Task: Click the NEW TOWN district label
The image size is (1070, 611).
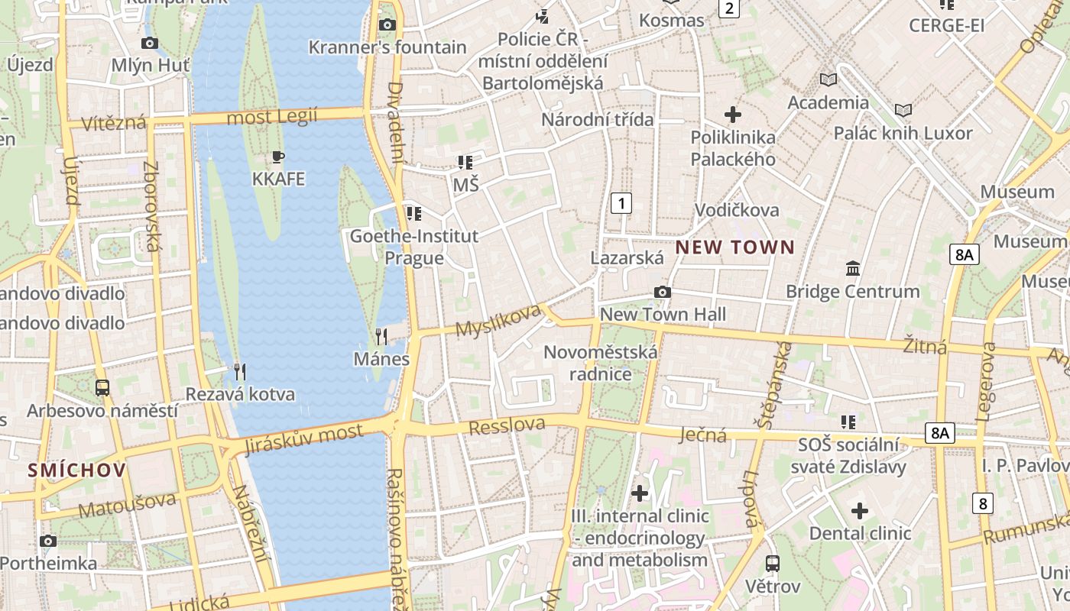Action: point(734,247)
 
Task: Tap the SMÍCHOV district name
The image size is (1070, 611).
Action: point(76,470)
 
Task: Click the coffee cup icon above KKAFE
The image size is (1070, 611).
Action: point(278,157)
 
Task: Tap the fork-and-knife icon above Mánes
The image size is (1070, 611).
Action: point(381,336)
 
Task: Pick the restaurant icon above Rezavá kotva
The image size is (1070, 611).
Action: point(240,372)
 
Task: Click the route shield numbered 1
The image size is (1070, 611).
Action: point(622,203)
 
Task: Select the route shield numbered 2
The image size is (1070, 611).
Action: point(729,8)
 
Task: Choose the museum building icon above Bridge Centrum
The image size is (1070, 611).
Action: point(853,269)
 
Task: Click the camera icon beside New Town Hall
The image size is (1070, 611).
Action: point(663,292)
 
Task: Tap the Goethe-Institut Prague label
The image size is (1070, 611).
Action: point(413,247)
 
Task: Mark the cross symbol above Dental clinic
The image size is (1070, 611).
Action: point(860,511)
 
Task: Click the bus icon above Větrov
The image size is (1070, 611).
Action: point(773,564)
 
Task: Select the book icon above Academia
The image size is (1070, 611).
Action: point(828,79)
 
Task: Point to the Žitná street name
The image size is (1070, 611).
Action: point(925,346)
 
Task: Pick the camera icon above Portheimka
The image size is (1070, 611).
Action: point(48,541)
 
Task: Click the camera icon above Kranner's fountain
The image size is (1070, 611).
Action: point(387,24)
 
